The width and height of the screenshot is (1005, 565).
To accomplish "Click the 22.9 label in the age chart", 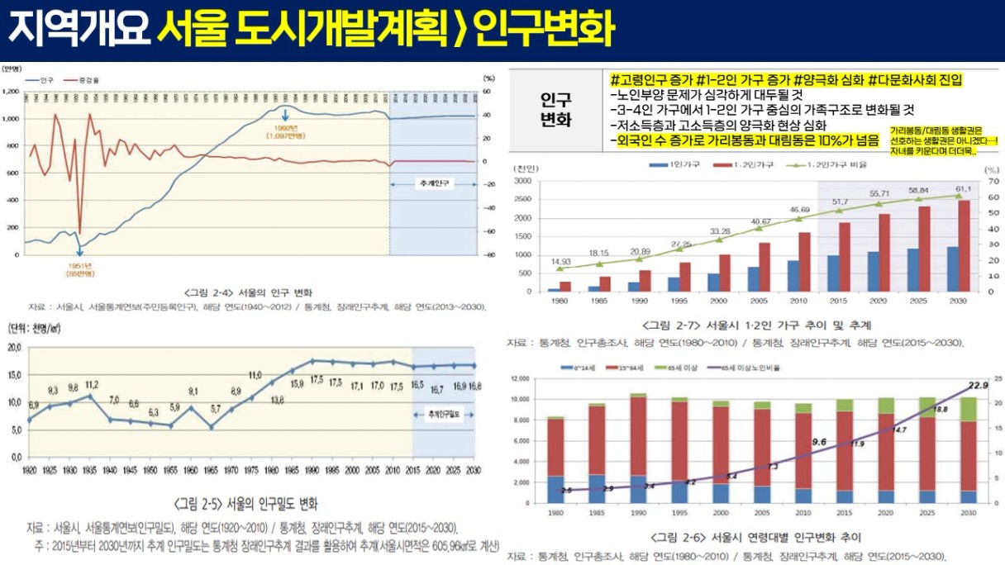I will pyautogui.click(x=978, y=386).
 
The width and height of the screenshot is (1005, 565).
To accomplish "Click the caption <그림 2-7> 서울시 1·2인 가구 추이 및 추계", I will pyautogui.click(x=757, y=325).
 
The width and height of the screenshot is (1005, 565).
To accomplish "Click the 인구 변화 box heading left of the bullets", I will pyautogui.click(x=555, y=109).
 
